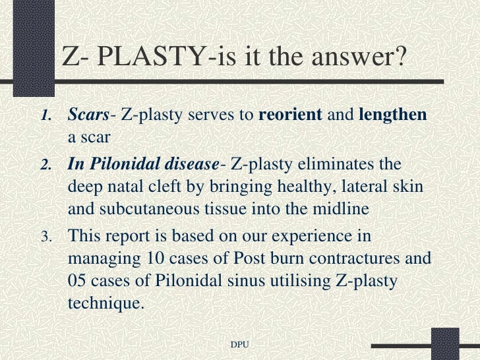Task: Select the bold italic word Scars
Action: tap(88, 115)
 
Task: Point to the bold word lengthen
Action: tap(392, 115)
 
